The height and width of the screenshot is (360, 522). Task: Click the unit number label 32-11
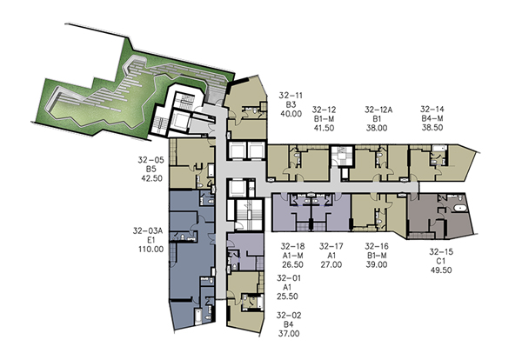[291, 96]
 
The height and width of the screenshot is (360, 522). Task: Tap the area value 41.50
[324, 128]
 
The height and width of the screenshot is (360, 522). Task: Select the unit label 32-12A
[378, 110]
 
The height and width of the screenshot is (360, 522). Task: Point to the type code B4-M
[432, 118]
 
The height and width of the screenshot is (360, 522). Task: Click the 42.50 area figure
[151, 178]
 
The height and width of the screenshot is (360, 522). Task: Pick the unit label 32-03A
[148, 230]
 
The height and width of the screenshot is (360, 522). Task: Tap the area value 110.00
[151, 249]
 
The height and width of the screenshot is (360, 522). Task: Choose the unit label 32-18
[292, 247]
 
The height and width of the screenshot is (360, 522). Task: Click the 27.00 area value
[331, 265]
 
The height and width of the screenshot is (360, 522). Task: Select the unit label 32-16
[377, 247]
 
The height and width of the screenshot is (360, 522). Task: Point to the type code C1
[441, 261]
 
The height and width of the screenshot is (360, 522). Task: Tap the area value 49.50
[441, 270]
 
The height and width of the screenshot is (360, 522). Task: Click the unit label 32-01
[289, 278]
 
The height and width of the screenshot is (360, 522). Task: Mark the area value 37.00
[289, 333]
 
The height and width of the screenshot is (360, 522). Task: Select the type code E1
[151, 240]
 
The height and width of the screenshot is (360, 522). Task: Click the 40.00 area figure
[291, 114]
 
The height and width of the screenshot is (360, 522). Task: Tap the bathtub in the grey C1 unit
[459, 209]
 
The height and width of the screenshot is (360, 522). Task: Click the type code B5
[151, 169]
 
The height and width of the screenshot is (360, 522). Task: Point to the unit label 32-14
[432, 110]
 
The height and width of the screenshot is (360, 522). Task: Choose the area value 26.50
[292, 265]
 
